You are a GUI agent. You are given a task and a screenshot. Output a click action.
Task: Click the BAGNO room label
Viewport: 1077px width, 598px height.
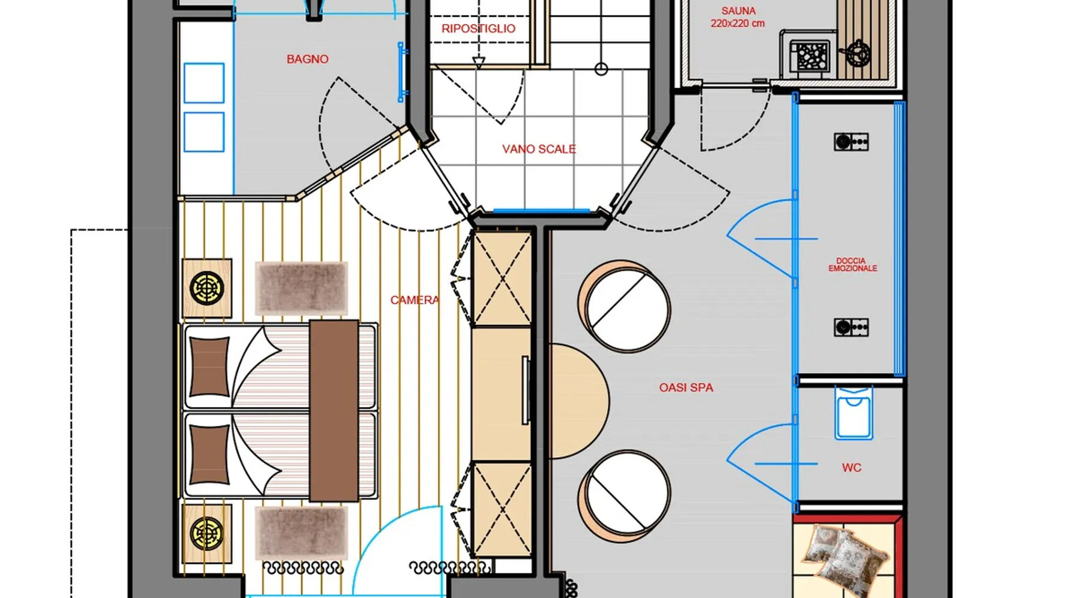(308, 59)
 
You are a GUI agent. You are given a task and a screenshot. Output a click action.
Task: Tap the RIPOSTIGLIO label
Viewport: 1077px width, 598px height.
(479, 29)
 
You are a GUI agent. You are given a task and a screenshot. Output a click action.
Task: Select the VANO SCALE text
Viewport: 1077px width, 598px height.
(539, 149)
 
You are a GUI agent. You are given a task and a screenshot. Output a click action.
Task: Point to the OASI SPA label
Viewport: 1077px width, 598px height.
(686, 388)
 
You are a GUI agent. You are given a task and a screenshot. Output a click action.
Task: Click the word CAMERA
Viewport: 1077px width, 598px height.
(415, 300)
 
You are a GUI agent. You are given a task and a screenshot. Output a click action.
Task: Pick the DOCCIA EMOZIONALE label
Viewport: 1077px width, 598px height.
(853, 264)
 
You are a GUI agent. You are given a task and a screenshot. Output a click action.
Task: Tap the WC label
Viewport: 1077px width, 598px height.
(851, 468)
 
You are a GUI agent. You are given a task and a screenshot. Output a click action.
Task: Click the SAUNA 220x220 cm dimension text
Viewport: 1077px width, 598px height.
(738, 17)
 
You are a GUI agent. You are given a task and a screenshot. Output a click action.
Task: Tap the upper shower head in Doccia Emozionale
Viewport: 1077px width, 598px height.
(851, 142)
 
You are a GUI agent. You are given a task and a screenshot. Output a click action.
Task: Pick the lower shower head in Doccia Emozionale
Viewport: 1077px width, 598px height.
(851, 328)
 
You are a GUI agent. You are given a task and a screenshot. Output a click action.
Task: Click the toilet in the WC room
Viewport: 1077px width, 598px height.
(854, 413)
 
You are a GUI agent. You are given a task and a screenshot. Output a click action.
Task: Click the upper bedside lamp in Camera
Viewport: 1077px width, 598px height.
(206, 288)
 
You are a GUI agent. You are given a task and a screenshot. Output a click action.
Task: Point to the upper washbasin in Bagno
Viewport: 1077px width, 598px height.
(204, 83)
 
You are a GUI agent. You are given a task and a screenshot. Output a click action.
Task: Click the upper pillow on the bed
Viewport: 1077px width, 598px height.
(209, 367)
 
